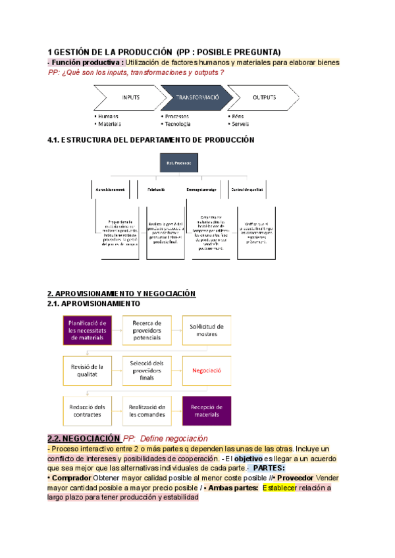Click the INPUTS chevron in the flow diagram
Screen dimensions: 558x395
click(130, 97)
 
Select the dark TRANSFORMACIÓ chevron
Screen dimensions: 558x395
click(197, 97)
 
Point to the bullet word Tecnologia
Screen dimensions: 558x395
click(177, 124)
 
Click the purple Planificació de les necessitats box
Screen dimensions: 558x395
click(88, 330)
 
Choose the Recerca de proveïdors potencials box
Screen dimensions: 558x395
click(147, 330)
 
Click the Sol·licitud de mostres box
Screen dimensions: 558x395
click(207, 330)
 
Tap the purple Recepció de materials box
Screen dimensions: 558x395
click(207, 411)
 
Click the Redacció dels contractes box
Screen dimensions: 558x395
click(88, 411)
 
